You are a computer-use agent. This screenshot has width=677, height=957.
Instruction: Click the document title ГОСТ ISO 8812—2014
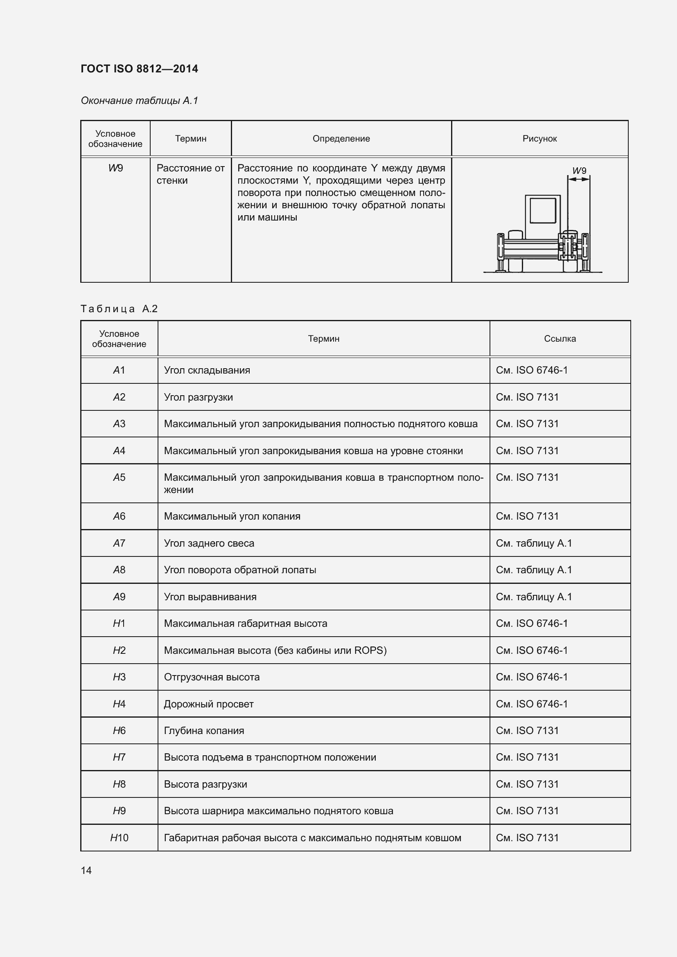139,69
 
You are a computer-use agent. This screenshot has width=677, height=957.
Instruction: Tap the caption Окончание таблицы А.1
139,101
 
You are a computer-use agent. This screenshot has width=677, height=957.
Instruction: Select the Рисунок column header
539,139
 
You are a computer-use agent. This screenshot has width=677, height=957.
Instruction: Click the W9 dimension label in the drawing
579,171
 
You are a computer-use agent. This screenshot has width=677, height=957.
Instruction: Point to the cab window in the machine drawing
542,210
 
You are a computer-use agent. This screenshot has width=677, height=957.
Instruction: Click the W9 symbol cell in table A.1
115,168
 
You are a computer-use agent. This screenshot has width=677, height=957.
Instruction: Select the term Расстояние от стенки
190,174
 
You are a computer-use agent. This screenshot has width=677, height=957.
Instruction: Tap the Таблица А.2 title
119,308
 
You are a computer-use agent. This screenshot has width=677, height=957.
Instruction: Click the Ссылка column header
560,338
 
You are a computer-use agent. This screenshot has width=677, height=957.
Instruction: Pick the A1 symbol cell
119,370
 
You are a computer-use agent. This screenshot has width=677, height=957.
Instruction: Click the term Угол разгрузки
199,397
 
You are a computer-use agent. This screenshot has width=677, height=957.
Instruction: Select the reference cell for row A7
534,543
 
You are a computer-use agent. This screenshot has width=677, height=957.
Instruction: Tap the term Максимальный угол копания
232,516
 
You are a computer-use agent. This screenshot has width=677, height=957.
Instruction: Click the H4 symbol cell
119,704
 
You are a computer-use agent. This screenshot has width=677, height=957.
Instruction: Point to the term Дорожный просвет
208,704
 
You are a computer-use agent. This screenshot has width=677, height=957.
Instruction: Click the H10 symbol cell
119,838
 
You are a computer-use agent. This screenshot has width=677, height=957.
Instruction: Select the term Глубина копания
204,730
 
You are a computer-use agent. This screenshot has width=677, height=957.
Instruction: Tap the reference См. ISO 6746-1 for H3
532,677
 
